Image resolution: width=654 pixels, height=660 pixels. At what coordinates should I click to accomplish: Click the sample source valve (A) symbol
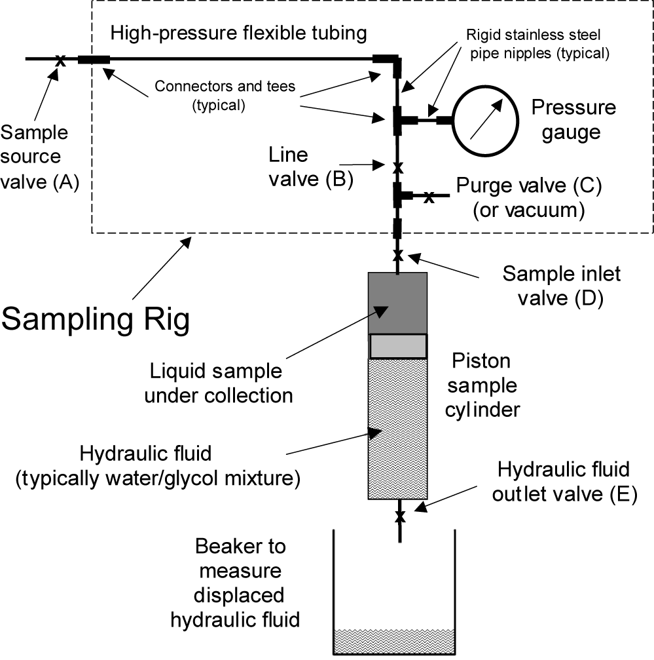pos(60,60)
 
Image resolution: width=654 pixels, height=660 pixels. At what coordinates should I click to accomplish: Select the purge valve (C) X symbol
pos(428,196)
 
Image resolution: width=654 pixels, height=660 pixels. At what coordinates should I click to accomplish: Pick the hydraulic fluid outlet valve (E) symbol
pos(399,517)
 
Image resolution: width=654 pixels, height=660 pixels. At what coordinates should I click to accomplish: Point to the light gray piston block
pos(398,346)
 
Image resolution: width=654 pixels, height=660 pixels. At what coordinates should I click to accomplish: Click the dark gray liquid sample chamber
pos(398,303)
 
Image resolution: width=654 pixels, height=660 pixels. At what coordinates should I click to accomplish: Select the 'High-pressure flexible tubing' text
pos(238,33)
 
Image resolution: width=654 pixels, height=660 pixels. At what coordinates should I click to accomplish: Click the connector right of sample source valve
pos(94,60)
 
